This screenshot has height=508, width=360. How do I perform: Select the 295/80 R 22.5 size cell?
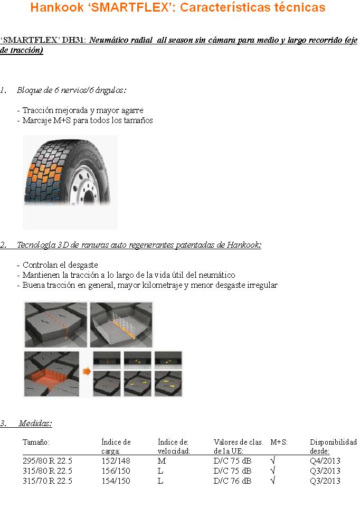point(48,461)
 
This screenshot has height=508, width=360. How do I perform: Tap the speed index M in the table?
point(162,461)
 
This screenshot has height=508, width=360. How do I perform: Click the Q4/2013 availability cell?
point(325,461)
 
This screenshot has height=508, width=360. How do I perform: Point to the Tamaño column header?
point(36,442)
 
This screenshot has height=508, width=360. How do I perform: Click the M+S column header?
point(279,442)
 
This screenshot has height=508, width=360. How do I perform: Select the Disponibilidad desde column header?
point(333,446)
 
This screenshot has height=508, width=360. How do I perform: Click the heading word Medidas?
point(35,424)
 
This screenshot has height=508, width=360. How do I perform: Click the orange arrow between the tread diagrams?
point(87,371)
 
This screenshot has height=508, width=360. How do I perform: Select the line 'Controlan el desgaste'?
point(60,265)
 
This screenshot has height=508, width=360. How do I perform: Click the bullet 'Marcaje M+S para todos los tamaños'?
point(88,120)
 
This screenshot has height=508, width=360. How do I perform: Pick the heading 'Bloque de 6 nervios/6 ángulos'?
point(71,90)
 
